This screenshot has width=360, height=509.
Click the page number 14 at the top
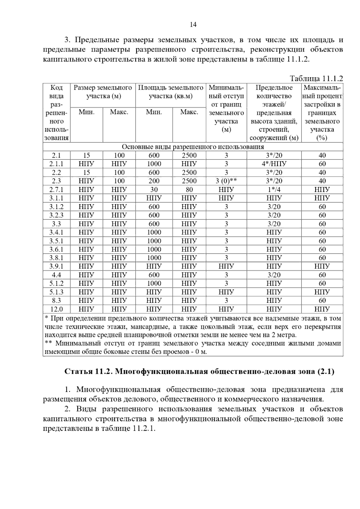[193, 25]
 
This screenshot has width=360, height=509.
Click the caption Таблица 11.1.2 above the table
[316, 79]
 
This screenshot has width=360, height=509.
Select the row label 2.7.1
[56, 189]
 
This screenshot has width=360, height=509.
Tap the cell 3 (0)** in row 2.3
[226, 181]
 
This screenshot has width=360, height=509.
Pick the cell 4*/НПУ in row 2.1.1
[274, 164]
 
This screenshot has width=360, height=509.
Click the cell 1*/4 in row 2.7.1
[274, 189]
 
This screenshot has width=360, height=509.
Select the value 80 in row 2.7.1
[189, 189]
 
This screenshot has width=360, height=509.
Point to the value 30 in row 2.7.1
[154, 189]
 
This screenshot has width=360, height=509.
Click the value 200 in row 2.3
[154, 181]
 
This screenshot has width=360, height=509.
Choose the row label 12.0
[56, 309]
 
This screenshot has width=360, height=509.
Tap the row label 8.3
[56, 300]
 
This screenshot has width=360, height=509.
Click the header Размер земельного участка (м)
[103, 92]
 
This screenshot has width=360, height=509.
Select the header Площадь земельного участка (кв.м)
[171, 92]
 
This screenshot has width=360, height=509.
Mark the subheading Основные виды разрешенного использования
[193, 147]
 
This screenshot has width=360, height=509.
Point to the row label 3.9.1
[56, 266]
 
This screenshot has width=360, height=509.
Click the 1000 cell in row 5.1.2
[154, 283]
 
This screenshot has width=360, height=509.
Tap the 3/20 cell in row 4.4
[274, 275]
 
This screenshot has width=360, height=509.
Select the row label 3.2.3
[56, 215]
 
